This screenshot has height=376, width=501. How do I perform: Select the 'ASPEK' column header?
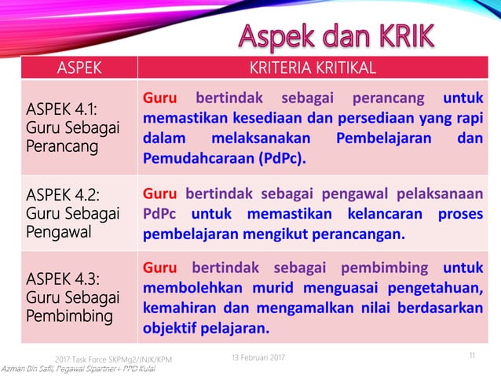79,68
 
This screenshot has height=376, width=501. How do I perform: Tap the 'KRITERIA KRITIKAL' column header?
313,68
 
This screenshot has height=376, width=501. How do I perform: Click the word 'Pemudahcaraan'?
196,159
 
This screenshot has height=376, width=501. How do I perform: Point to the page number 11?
472,356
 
